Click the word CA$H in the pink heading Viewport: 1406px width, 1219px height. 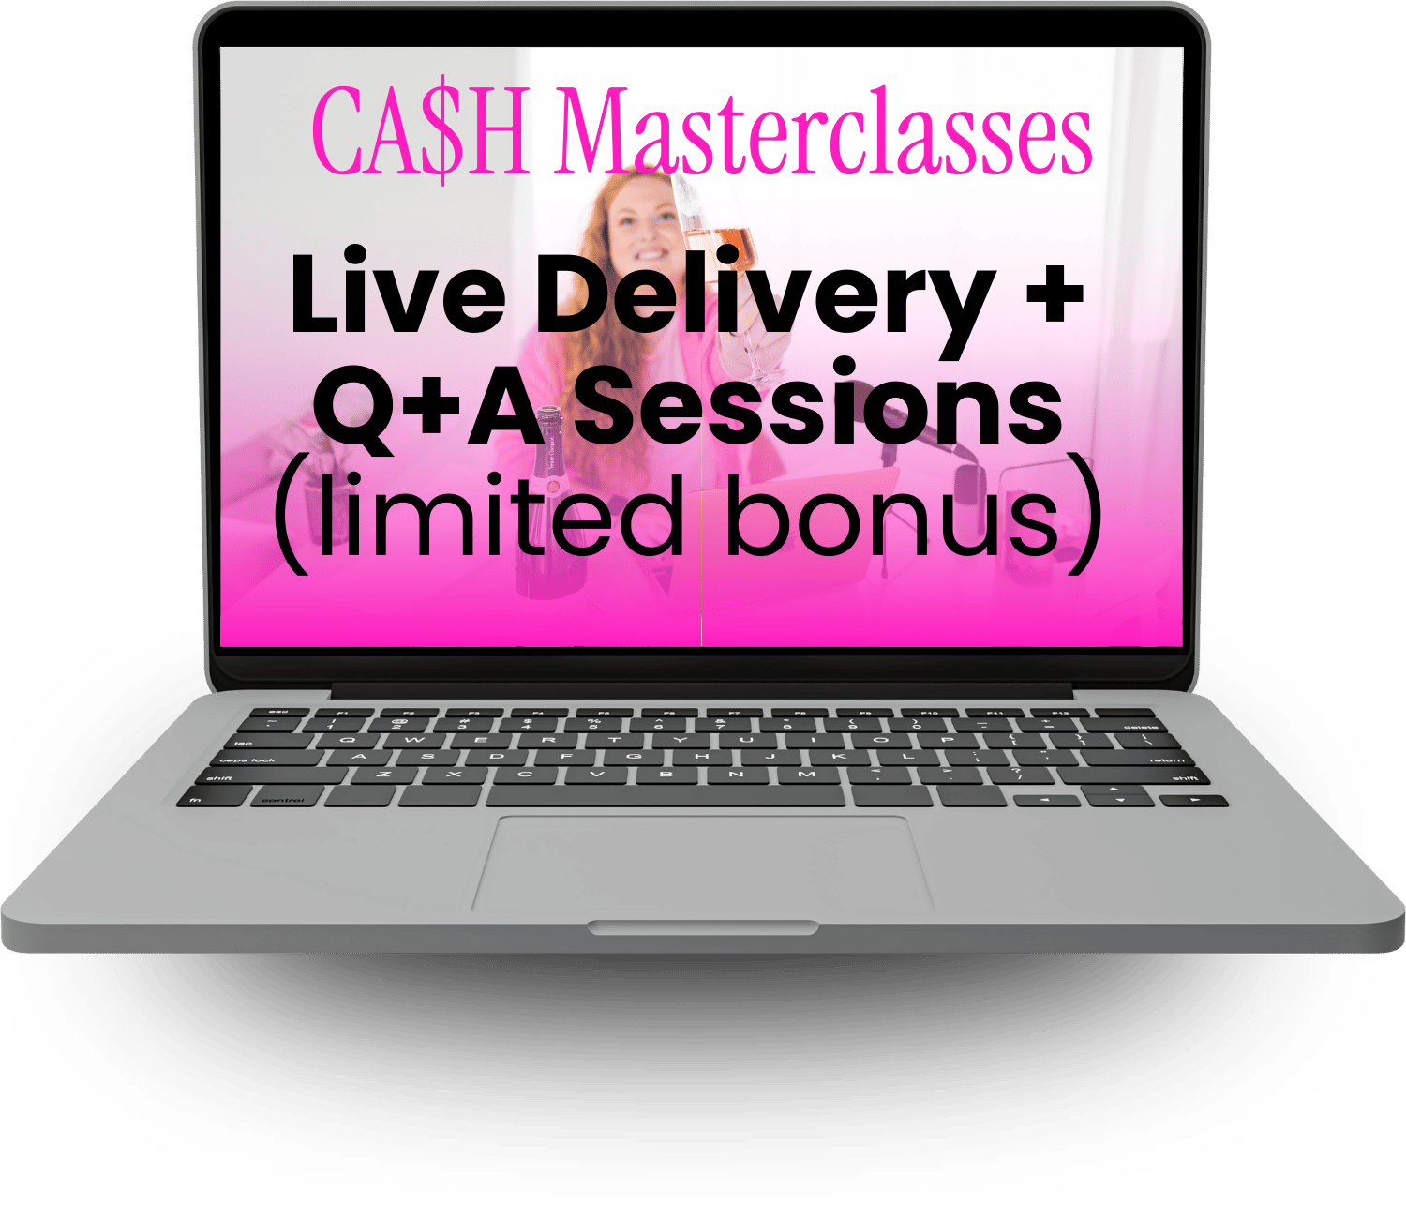(420, 130)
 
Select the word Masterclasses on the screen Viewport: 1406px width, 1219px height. (824, 130)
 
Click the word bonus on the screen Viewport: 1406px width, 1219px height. (892, 514)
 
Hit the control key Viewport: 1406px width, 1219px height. (284, 798)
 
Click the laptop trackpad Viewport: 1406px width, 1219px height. (702, 863)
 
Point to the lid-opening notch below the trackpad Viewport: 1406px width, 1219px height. (703, 927)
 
